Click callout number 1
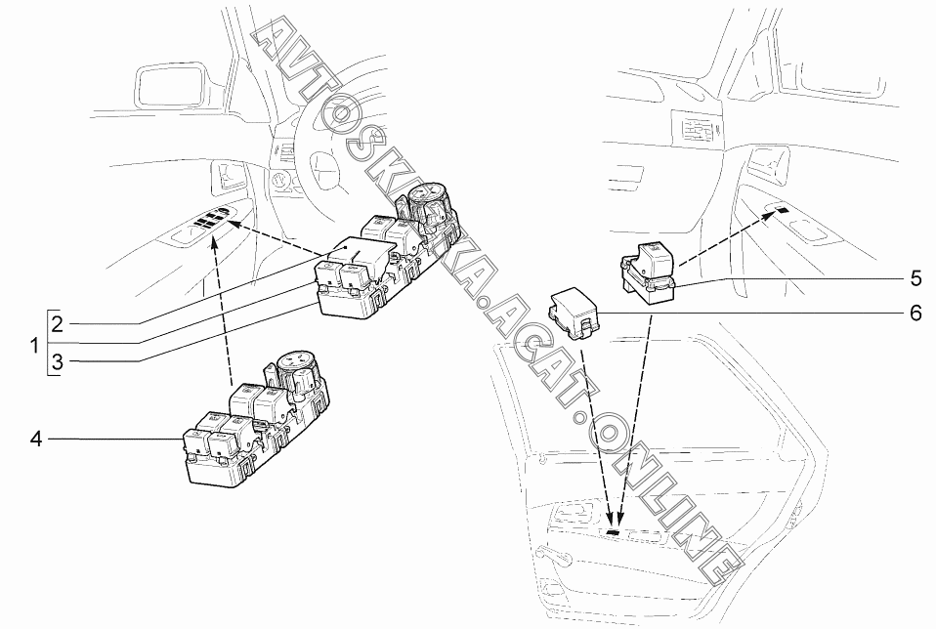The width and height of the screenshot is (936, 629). (35, 345)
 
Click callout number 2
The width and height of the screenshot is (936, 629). (58, 324)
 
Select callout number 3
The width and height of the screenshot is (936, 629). (58, 361)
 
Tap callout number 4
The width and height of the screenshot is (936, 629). (36, 440)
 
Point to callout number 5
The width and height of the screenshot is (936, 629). (915, 277)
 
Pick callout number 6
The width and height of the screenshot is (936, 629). (915, 314)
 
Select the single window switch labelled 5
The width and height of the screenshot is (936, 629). (649, 270)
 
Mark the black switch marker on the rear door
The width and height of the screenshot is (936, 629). (613, 531)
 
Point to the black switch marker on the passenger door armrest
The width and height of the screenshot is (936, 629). (782, 209)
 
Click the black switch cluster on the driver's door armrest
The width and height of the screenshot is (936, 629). (209, 218)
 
